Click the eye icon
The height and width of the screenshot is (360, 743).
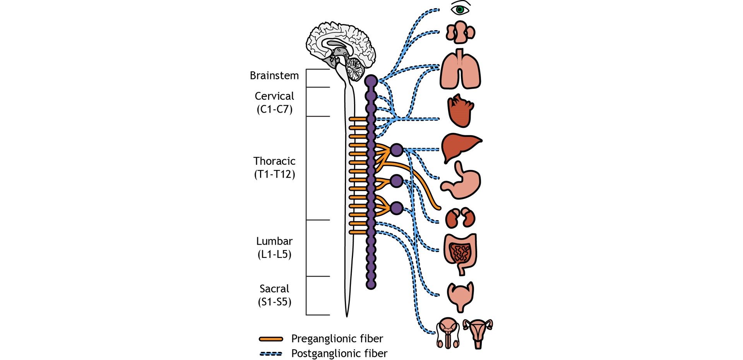[460, 9]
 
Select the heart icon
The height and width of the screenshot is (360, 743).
[461, 111]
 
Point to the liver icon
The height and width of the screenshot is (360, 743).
[461, 146]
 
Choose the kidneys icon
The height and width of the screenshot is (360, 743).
[460, 218]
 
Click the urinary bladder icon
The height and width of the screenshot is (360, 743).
[460, 296]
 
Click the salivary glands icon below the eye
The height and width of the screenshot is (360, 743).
[460, 32]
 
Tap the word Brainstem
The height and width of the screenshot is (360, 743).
[274, 75]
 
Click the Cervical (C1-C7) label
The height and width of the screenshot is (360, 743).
[274, 103]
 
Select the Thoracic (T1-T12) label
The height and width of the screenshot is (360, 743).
[274, 168]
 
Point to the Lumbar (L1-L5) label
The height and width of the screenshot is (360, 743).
[274, 248]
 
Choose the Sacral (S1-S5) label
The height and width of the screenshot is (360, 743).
[274, 295]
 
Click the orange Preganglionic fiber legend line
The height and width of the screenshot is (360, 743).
[271, 339]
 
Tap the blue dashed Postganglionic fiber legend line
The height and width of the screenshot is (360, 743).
[271, 354]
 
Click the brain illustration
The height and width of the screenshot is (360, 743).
[341, 46]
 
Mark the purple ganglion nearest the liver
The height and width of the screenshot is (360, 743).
[397, 150]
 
